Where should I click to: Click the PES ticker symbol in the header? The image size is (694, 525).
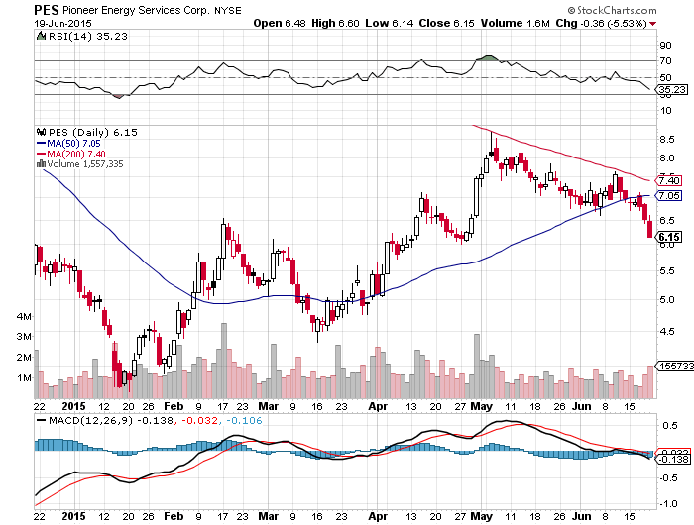coord(17,9)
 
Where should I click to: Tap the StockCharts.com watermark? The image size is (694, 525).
coord(639,9)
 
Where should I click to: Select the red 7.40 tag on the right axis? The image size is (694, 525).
coord(668,181)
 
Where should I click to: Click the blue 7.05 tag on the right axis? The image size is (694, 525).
coord(668,195)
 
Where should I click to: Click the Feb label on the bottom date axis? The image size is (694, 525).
coord(173,405)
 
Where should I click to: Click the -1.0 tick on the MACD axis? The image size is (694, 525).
coord(666,503)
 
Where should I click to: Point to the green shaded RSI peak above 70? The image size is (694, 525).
coord(487,57)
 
